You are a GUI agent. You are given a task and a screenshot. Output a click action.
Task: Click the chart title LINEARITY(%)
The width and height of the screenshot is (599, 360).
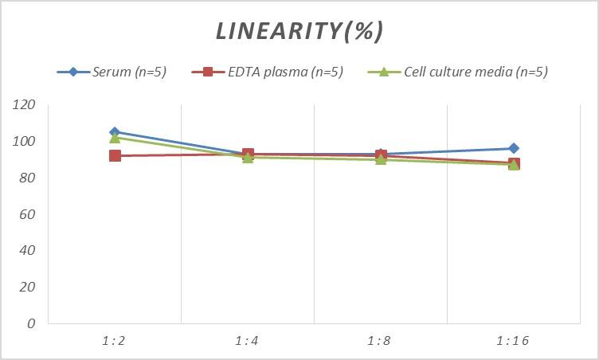click(x=299, y=31)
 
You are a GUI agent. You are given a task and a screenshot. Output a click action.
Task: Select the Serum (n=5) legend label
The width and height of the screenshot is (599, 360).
click(x=129, y=72)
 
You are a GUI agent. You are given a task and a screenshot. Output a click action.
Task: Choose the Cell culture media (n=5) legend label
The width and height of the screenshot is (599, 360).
click(x=476, y=72)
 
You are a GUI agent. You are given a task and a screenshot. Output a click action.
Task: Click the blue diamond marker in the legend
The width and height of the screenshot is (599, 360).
click(x=73, y=72)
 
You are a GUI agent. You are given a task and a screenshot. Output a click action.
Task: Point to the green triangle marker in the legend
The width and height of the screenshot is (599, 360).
click(x=383, y=72)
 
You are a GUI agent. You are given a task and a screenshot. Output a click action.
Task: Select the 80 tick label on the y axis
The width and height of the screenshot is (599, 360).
click(x=29, y=178)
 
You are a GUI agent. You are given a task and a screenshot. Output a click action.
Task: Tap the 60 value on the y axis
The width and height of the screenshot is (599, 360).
click(x=29, y=214)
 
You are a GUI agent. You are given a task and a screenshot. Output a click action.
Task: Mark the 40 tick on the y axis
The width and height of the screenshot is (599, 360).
click(x=29, y=250)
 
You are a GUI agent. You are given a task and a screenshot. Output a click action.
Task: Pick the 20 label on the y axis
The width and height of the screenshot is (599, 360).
click(x=29, y=287)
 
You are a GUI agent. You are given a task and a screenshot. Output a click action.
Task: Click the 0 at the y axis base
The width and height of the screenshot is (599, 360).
click(x=32, y=323)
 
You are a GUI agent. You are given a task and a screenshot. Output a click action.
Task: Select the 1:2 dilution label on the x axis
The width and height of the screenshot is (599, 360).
click(x=115, y=341)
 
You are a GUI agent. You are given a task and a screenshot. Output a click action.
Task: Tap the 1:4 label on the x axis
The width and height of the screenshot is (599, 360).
click(x=248, y=341)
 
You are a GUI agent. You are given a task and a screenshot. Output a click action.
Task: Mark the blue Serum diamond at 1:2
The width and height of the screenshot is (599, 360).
click(x=115, y=132)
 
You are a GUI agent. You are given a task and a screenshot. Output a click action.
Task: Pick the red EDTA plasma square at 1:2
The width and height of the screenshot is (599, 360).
click(x=115, y=156)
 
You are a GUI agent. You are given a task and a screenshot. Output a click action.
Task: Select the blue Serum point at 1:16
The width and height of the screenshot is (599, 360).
click(x=514, y=148)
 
